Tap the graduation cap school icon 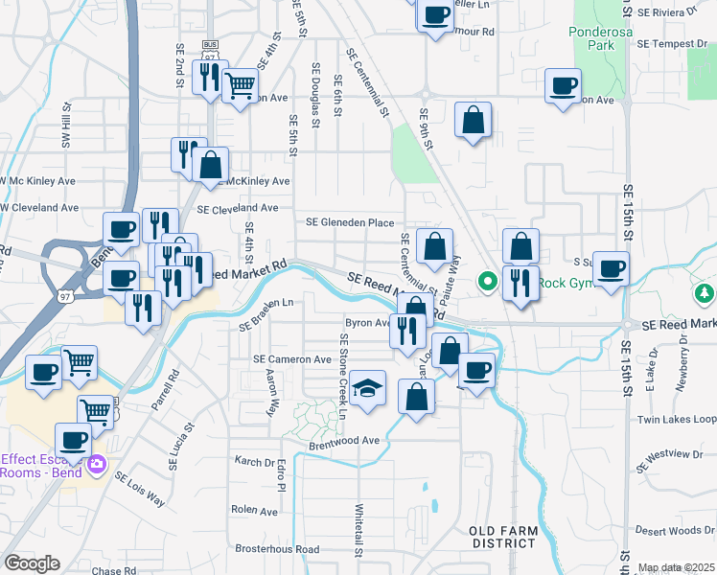coord(368,388)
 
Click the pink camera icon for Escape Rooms coord(96,465)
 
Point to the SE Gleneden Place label coord(350,222)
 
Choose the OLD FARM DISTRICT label coord(502,537)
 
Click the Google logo coord(32,563)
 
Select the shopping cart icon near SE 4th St coord(239,85)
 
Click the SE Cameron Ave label coord(291,359)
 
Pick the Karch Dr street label coord(255,461)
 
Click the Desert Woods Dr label coord(682,530)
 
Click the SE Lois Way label coord(140,489)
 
